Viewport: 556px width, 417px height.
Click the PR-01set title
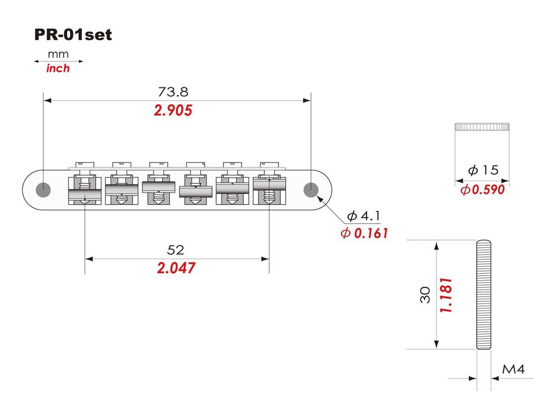73,35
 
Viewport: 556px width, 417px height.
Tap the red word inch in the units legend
58,68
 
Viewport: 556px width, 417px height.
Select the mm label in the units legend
58,54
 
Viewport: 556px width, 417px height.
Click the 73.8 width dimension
173,92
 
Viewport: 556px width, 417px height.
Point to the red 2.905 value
173,110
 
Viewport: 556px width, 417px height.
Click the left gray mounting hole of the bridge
43,189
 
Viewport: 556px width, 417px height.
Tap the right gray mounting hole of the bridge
311,189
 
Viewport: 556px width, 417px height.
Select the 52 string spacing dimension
175,250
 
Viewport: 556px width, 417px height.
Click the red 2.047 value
176,268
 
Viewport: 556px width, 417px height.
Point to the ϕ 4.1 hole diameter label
363,216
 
